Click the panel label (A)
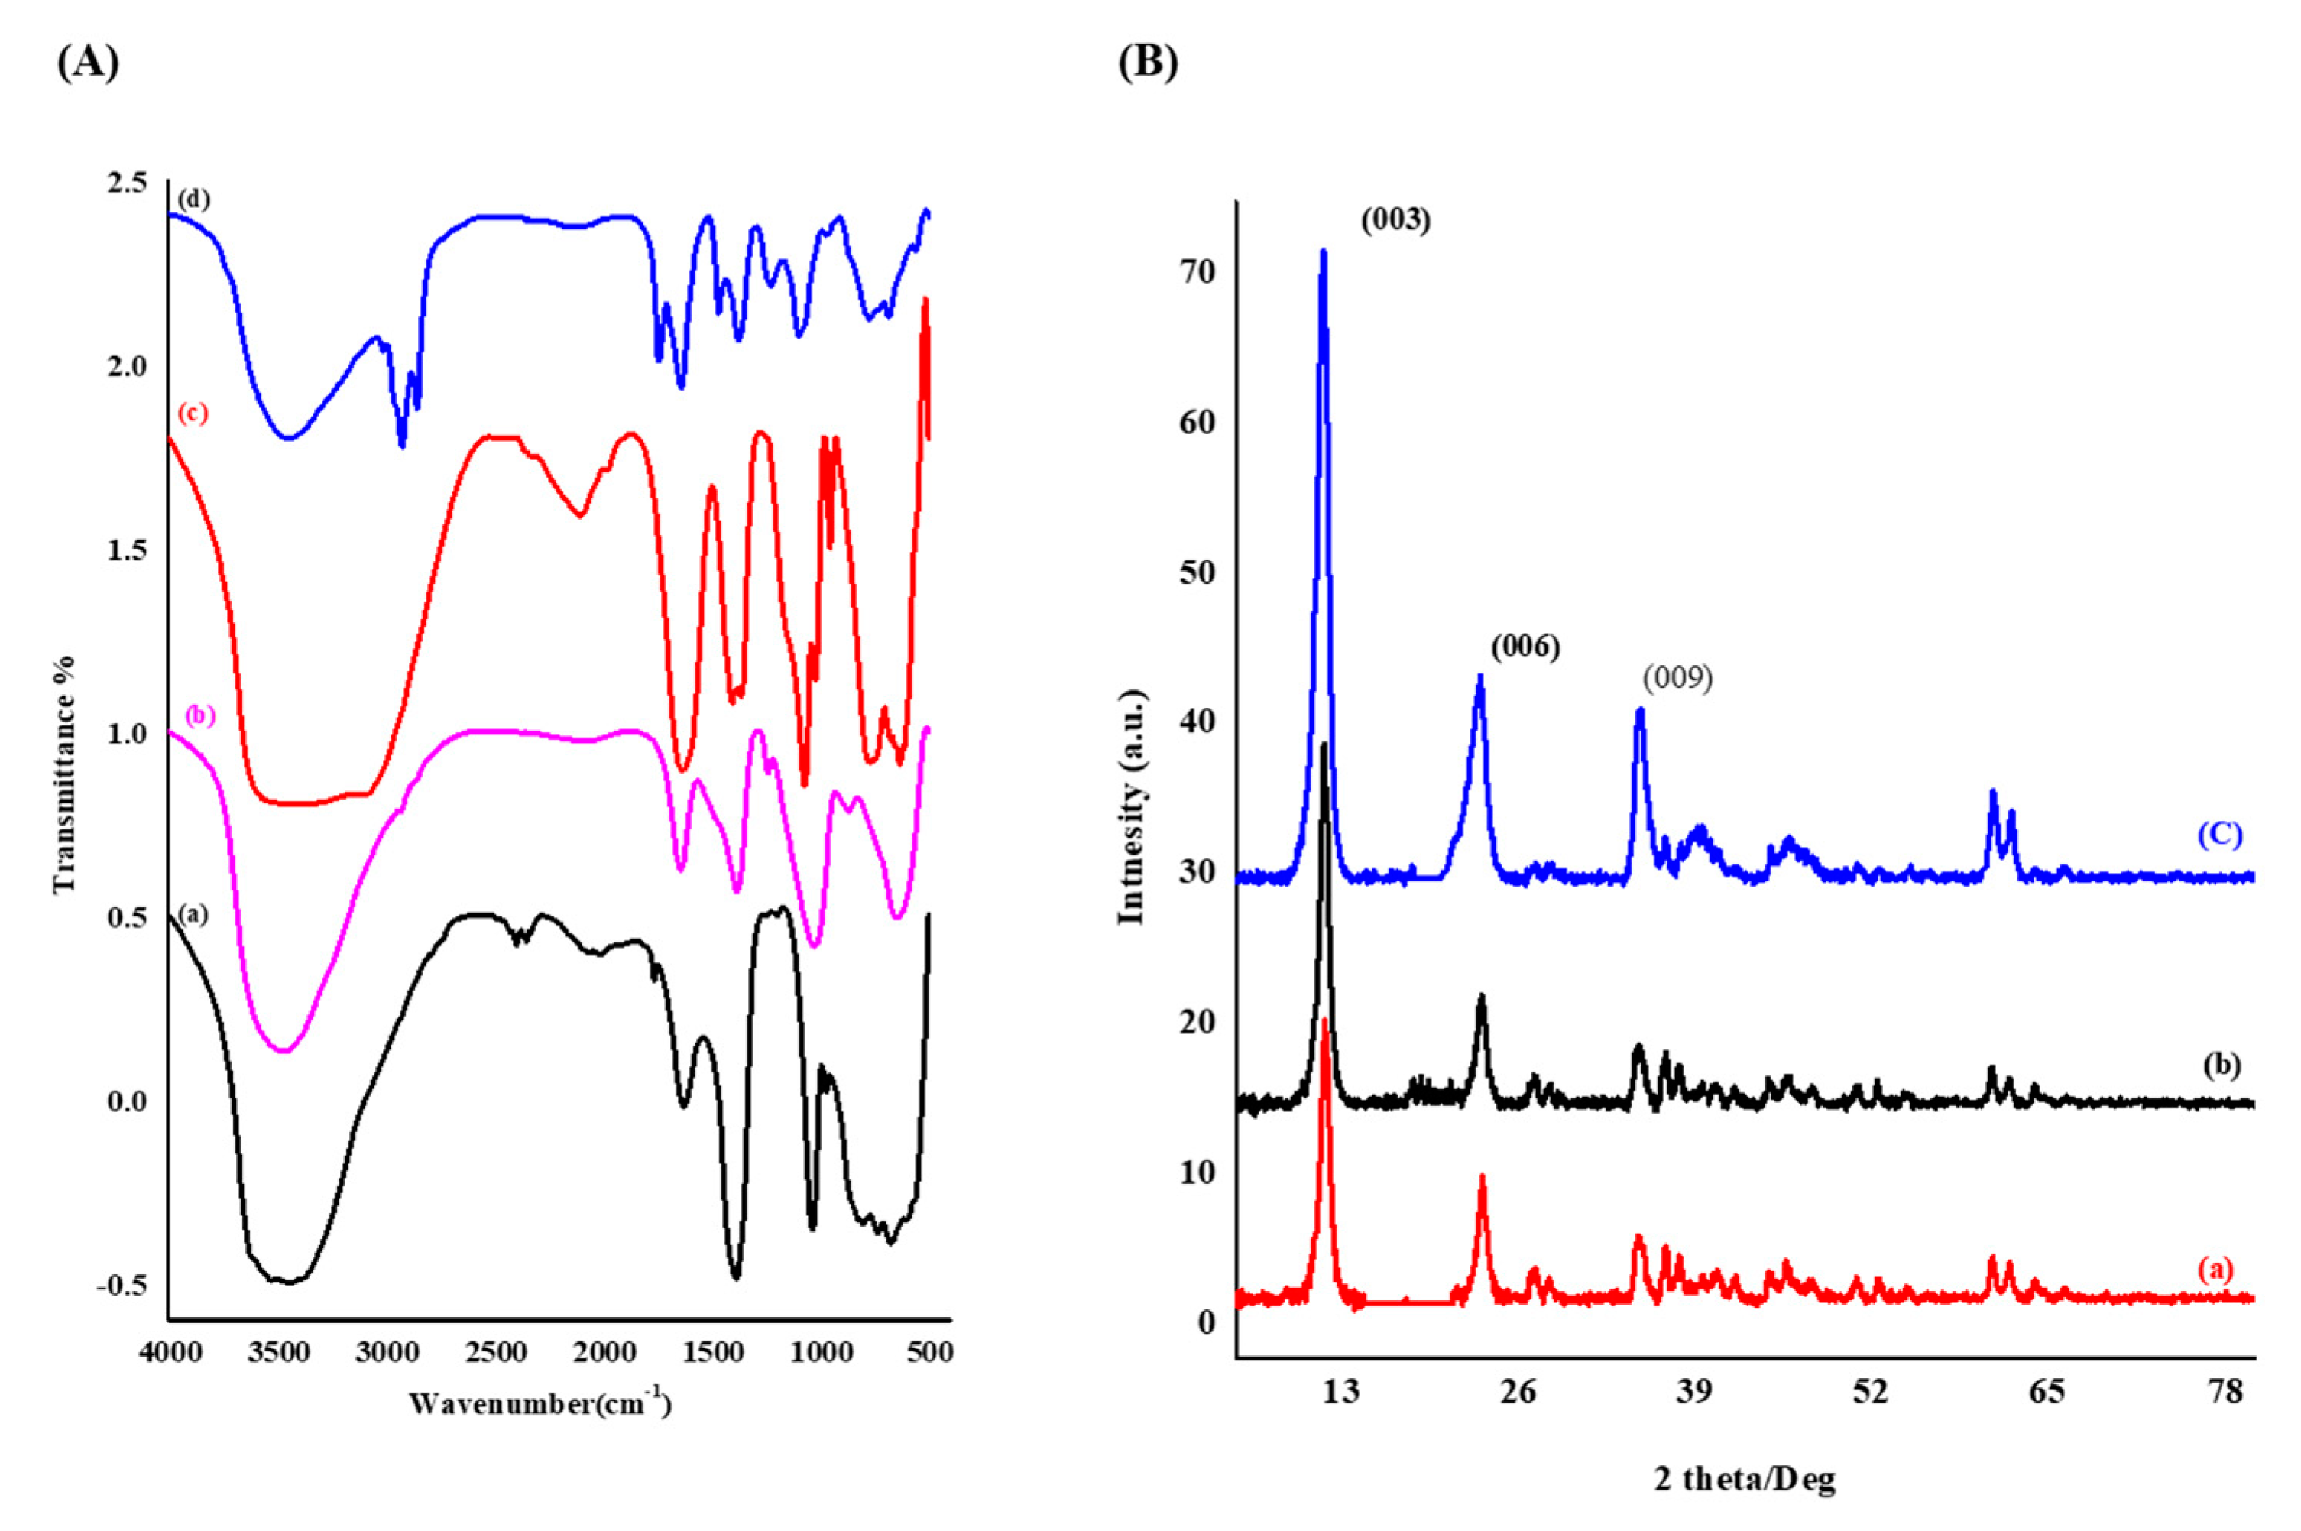pyautogui.click(x=88, y=63)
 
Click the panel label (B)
pyautogui.click(x=1148, y=63)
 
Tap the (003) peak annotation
pyautogui.click(x=1396, y=221)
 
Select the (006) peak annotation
pyautogui.click(x=1525, y=647)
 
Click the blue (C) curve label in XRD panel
pyautogui.click(x=2219, y=835)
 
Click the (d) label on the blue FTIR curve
pyautogui.click(x=193, y=199)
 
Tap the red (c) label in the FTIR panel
pyautogui.click(x=193, y=413)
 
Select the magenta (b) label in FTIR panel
pyautogui.click(x=200, y=715)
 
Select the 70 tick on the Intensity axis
pyautogui.click(x=1197, y=271)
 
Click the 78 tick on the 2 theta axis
pyautogui.click(x=2225, y=1390)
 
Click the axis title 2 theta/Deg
pyautogui.click(x=1745, y=1478)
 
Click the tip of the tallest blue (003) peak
pyautogui.click(x=1324, y=251)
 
